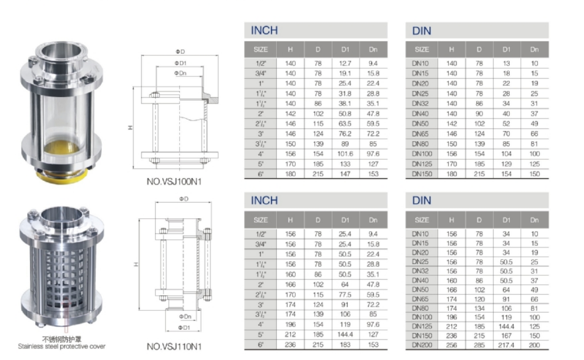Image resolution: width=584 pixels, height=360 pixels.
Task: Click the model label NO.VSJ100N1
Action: (x=174, y=182)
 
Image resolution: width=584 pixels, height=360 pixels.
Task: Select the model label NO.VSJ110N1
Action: (x=174, y=347)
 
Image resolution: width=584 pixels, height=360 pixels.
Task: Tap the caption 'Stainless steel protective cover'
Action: (x=61, y=347)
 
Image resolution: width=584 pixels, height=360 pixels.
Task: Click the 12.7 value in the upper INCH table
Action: (x=345, y=64)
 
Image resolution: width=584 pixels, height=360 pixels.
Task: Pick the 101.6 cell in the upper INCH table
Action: (x=345, y=153)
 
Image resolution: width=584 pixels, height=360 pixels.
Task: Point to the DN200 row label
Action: (x=422, y=345)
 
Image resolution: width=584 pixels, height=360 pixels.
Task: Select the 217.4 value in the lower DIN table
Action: (x=506, y=345)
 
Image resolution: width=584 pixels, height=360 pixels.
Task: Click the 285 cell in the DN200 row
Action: (x=479, y=345)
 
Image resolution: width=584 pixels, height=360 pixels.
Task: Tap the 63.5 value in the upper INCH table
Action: (x=345, y=123)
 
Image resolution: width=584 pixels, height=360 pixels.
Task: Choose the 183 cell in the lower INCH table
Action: (x=345, y=345)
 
